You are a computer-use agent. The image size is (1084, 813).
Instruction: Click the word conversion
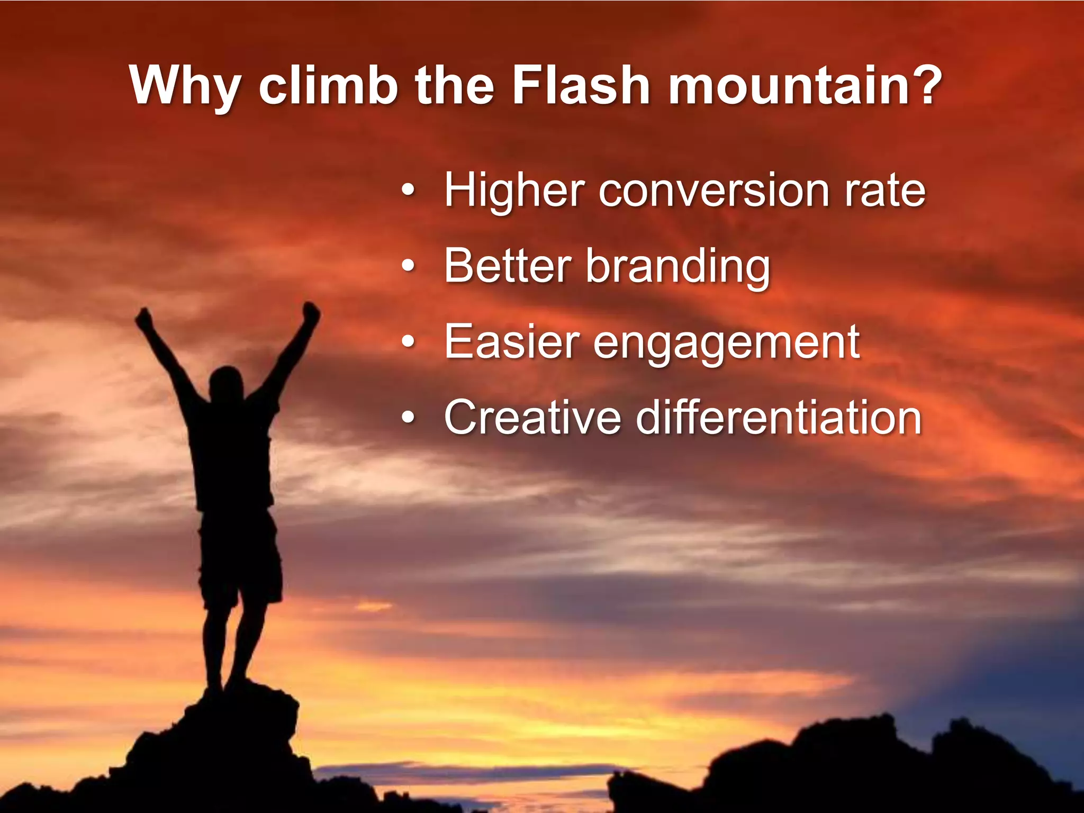(714, 191)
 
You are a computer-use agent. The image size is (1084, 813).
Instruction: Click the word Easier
(512, 342)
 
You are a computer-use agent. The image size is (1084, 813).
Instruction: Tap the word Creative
(532, 418)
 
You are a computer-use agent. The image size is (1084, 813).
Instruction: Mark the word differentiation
(779, 418)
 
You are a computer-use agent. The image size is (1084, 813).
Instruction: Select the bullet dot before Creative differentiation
(407, 418)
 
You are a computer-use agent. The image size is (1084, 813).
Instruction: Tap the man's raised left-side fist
(143, 318)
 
